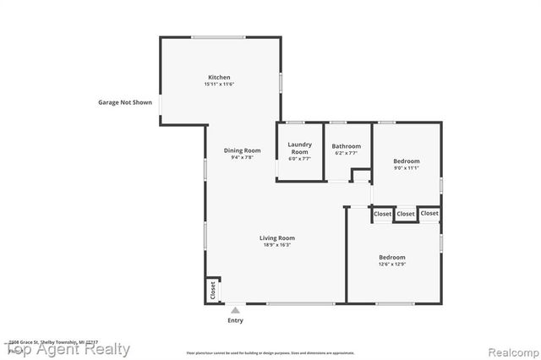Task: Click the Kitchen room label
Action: pos(219,77)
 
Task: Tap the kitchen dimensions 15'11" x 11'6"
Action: pos(219,85)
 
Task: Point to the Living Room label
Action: pos(276,237)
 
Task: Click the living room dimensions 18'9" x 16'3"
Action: pos(276,245)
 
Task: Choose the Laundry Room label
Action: pos(300,148)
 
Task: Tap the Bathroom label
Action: pos(346,145)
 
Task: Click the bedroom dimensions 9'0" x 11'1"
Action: pos(407,168)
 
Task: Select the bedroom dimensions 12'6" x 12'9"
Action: pos(391,265)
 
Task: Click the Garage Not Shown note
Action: pos(125,102)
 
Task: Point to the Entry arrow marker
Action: pos(235,310)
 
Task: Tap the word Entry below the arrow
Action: pos(235,320)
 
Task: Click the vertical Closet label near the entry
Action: pos(212,290)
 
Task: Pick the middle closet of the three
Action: pos(406,214)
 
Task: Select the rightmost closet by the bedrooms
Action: pos(429,213)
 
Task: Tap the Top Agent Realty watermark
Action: pos(68,349)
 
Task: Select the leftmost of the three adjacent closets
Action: pos(383,215)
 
